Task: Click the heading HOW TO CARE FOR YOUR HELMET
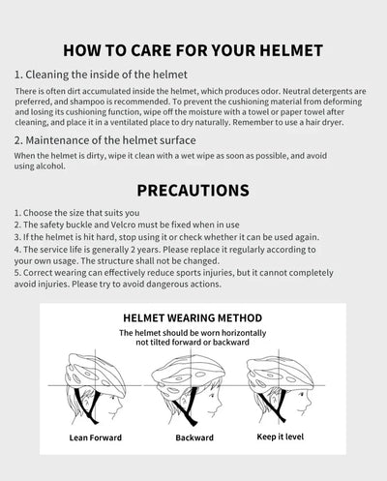pyautogui.click(x=193, y=49)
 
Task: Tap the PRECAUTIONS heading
pyautogui.click(x=193, y=190)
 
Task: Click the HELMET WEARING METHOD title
pyautogui.click(x=193, y=317)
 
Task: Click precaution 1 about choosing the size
pyautogui.click(x=77, y=211)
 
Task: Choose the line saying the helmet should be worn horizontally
pyautogui.click(x=193, y=333)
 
